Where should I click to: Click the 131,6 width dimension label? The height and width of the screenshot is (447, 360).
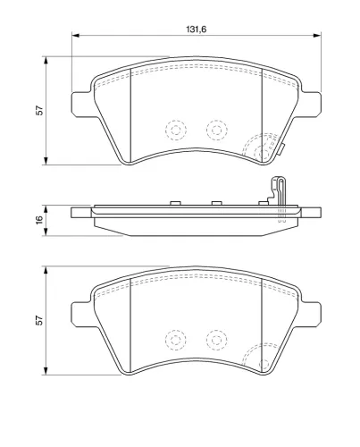(197, 30)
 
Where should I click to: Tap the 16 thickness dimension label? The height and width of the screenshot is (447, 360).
(39, 220)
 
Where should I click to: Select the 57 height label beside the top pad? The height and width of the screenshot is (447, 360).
(39, 111)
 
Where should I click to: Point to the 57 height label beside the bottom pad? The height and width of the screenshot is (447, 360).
(39, 320)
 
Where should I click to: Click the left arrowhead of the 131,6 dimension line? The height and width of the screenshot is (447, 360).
(75, 36)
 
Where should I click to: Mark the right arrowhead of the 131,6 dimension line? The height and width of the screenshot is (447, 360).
(317, 36)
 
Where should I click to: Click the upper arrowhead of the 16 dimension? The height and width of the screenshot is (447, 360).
(46, 209)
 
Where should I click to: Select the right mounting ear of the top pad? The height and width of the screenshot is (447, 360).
(312, 105)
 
